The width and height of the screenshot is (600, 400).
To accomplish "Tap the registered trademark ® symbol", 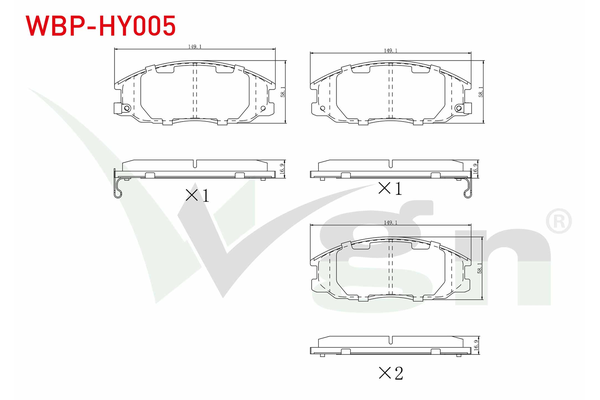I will tap(561, 218).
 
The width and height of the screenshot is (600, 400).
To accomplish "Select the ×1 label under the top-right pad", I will tap(388, 188).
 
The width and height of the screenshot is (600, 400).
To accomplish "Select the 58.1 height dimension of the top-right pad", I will tap(483, 93).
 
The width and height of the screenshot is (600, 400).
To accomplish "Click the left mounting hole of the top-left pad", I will tap(127, 108).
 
